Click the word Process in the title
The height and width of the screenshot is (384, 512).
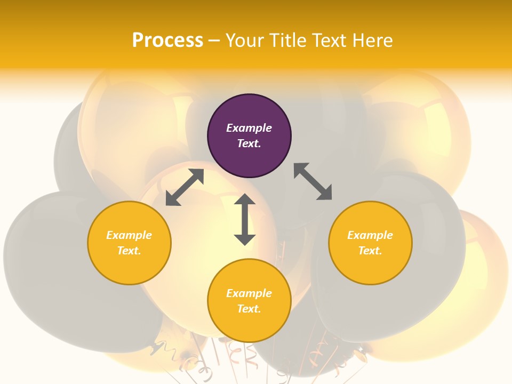(x=167, y=41)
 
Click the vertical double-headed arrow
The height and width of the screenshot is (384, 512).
(x=245, y=219)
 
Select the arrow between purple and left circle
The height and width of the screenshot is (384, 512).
(x=185, y=187)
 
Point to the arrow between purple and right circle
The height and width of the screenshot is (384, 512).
(x=313, y=181)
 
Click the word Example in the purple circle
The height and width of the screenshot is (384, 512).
(x=249, y=128)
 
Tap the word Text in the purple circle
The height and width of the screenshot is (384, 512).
(x=249, y=143)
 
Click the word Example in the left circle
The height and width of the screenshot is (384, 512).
(x=129, y=235)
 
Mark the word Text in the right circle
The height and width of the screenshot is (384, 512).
(x=370, y=251)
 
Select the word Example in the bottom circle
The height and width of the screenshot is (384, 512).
(x=249, y=293)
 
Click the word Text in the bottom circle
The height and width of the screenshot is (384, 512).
(x=249, y=309)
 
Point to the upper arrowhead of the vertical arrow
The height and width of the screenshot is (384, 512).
(x=245, y=199)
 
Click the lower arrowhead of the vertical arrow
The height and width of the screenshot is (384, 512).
(x=245, y=239)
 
